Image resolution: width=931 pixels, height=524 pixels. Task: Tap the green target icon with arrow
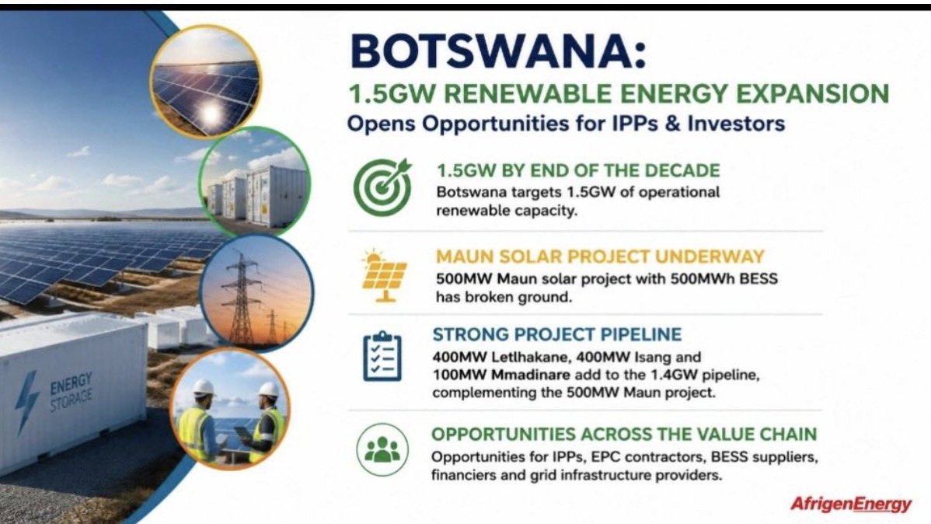tap(382, 187)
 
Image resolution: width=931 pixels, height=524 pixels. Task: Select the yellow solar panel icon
tap(384, 276)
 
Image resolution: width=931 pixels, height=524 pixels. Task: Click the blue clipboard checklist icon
tap(382, 356)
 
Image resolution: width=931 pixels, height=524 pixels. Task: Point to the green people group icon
tap(382, 449)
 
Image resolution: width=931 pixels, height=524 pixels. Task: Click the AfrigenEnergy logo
tap(850, 505)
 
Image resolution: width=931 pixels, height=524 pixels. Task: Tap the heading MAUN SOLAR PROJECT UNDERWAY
tap(600, 257)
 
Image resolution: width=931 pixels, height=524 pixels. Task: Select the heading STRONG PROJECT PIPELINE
tap(557, 334)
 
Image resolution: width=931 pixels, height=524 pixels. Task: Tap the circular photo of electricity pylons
tap(256, 291)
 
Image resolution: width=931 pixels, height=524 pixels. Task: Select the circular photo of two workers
tap(230, 410)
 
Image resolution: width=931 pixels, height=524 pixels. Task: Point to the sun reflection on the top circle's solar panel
tap(210, 113)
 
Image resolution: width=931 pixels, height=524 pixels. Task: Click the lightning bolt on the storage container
tap(26, 402)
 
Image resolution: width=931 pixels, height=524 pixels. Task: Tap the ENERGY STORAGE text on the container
tap(71, 392)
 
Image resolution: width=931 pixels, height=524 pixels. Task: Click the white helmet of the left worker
tap(203, 386)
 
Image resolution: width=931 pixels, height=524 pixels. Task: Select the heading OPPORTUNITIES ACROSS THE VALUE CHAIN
tap(624, 435)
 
